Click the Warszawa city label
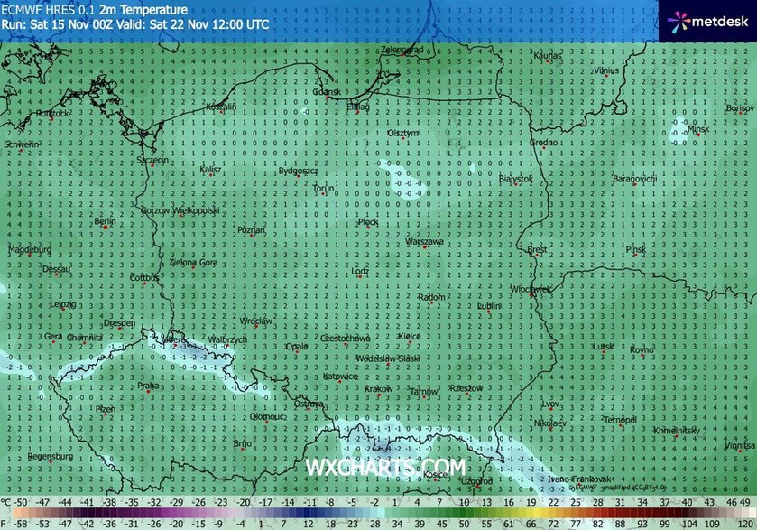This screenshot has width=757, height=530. [424, 242]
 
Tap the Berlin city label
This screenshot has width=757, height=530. [106, 221]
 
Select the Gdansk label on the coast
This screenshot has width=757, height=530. [326, 91]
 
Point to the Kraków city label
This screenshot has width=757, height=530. [378, 388]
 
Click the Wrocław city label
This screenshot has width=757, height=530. [257, 321]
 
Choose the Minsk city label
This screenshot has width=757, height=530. [698, 128]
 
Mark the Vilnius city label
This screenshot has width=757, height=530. [606, 70]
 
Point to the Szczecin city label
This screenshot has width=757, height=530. [152, 160]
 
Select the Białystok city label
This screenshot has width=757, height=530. [516, 179]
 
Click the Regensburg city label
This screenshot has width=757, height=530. [50, 456]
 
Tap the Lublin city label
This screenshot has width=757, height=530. [489, 306]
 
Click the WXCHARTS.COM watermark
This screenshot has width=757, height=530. [386, 467]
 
